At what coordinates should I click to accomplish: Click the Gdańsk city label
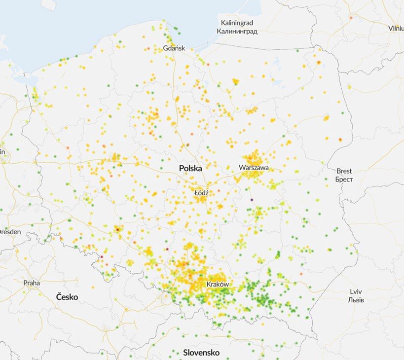coord(174,48)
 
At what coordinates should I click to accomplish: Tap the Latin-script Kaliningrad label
coord(237,23)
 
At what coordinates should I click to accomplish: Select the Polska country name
coord(190,168)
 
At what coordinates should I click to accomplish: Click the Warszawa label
coord(254,168)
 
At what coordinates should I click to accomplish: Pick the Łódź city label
coord(201,193)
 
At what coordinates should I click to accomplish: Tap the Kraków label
coord(218,285)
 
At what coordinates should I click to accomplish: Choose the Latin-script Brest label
coord(344,171)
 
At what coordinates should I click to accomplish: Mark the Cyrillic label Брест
coord(344,179)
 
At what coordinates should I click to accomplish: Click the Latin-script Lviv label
coord(356,291)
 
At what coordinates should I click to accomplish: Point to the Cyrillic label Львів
coord(356,299)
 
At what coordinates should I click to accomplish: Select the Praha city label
coord(32,283)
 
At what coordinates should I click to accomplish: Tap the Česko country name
coord(67,297)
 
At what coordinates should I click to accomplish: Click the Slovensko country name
coord(201,353)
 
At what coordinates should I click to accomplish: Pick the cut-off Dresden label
coord(9,231)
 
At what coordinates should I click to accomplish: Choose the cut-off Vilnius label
coord(396,28)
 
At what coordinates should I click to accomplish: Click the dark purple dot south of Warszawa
coord(252,200)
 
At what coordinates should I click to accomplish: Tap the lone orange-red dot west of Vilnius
coord(351,18)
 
